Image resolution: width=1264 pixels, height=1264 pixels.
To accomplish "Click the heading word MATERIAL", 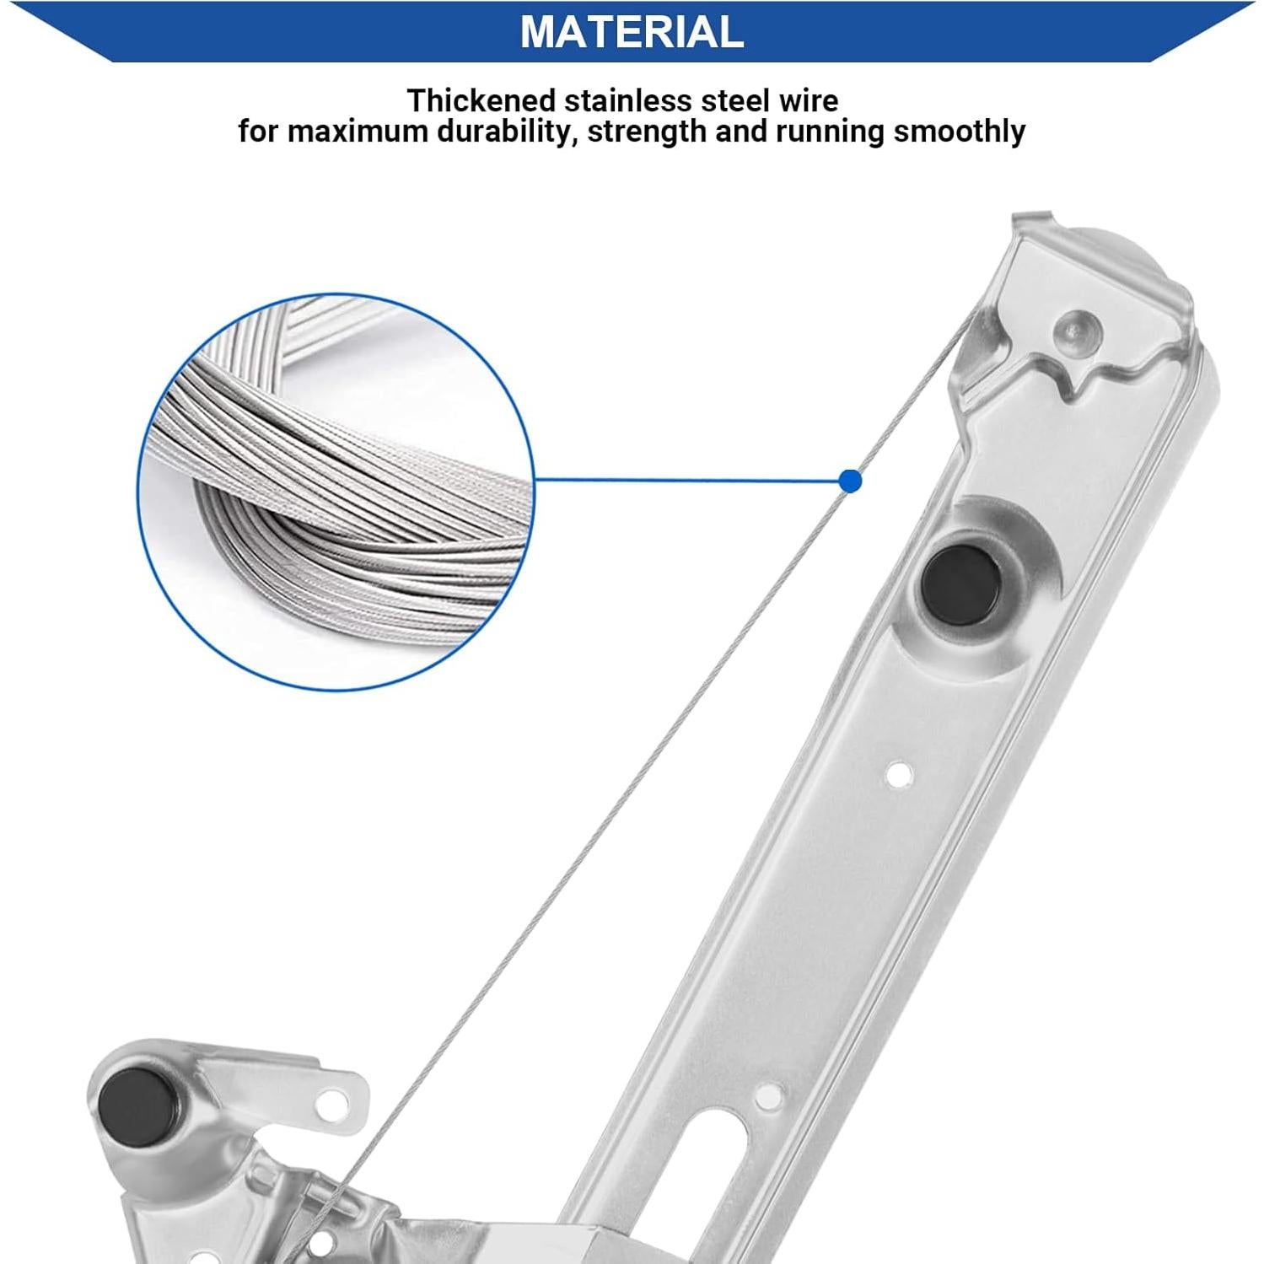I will [632, 31].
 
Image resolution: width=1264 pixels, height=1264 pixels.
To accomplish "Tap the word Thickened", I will [481, 101].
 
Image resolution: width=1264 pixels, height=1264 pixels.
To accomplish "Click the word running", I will [826, 132].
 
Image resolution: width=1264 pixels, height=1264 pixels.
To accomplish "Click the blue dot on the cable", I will [851, 481].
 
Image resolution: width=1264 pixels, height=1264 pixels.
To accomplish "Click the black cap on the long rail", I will [962, 584].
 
